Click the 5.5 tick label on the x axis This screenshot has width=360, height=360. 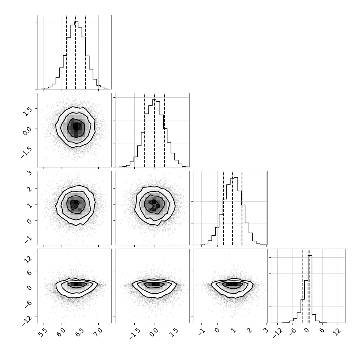[x=43, y=332]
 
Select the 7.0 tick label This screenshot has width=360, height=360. [x=98, y=332]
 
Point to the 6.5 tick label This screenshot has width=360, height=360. [x=80, y=332]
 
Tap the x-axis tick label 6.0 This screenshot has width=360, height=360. [x=62, y=332]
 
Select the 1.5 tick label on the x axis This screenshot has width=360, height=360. [x=174, y=332]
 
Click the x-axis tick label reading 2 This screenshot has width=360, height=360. [x=249, y=331]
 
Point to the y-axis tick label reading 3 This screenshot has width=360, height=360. [x=29, y=173]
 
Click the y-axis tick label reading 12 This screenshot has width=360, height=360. [x=28, y=259]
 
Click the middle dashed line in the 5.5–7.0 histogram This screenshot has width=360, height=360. [x=76, y=53]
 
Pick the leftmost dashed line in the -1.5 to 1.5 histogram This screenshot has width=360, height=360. [x=145, y=130]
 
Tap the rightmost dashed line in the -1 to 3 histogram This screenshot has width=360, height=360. [x=242, y=209]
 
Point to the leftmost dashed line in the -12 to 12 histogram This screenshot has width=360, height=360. [x=302, y=286]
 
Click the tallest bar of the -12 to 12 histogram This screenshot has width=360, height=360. [x=310, y=289]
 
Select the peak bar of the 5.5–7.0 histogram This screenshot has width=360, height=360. [x=76, y=55]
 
